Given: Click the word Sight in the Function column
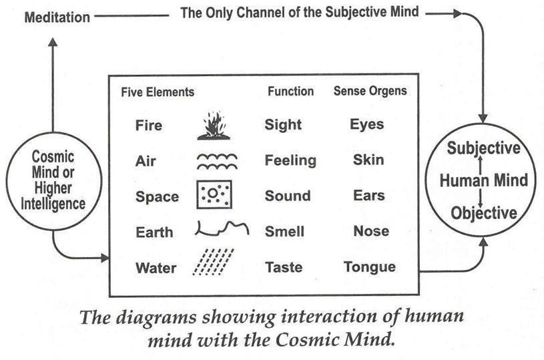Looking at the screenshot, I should [x=283, y=125].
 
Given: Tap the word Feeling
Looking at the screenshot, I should [x=290, y=161].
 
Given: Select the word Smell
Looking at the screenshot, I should [x=285, y=232].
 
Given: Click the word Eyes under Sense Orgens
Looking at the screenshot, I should [x=366, y=124].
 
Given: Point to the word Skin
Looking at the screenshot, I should [x=366, y=160].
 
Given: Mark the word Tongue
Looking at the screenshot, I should [x=369, y=267].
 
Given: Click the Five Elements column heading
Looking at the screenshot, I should [x=158, y=92].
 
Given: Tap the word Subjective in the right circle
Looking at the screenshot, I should [x=484, y=148].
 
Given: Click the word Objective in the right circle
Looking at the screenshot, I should [x=484, y=214].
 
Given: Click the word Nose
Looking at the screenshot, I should [x=366, y=231].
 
